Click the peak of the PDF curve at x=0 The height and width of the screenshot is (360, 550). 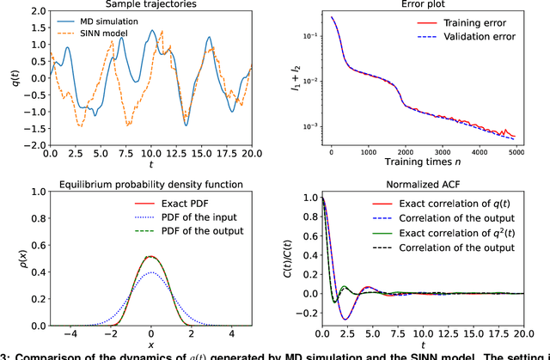(x=151, y=256)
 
